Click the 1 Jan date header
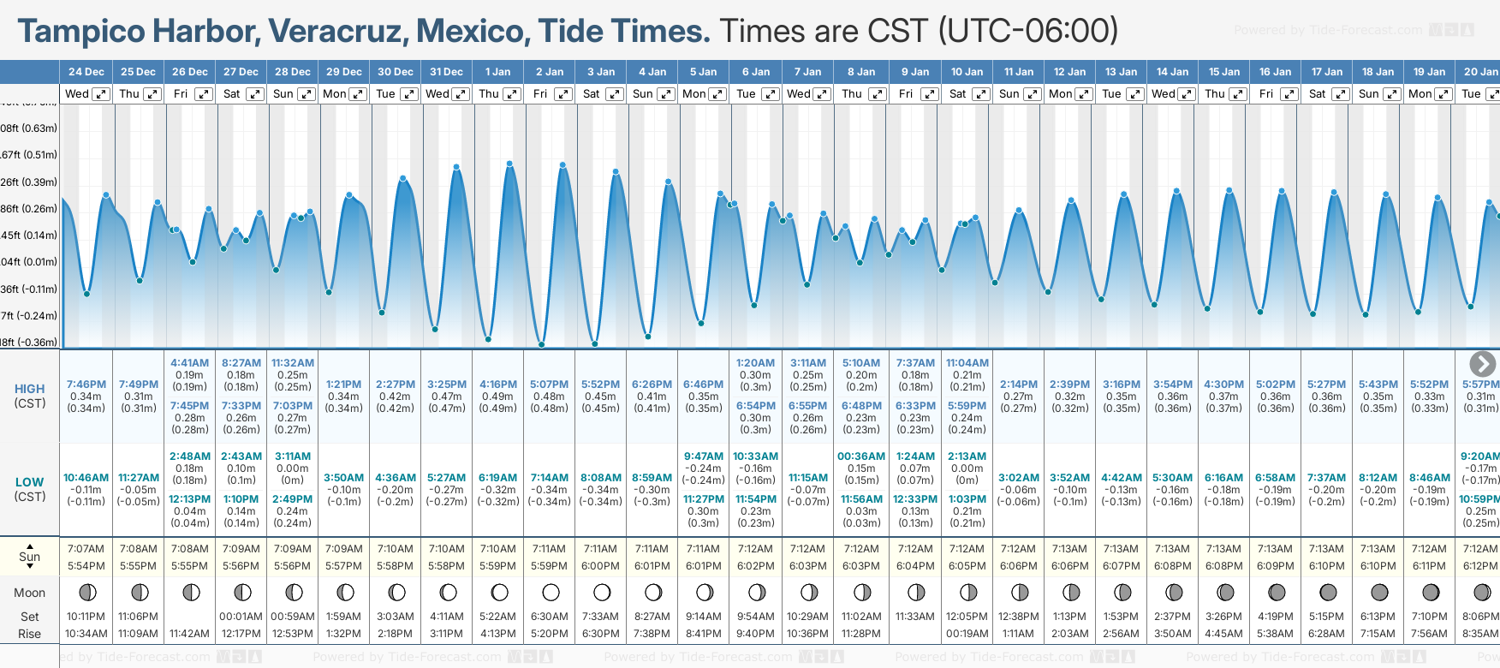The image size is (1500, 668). (x=497, y=72)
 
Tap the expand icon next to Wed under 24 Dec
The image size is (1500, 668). (x=101, y=94)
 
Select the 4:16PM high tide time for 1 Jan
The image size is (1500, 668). (x=498, y=385)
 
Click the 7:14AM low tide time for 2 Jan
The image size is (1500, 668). (x=550, y=478)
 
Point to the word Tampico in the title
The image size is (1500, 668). (x=82, y=32)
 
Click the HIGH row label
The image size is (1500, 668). (x=30, y=389)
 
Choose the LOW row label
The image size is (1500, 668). (x=30, y=482)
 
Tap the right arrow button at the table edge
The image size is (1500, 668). (x=1483, y=364)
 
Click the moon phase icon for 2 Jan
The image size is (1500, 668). (x=551, y=592)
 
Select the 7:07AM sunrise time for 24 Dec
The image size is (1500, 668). (x=86, y=549)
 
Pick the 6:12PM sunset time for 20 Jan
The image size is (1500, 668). (x=1480, y=566)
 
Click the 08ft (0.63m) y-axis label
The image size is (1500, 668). (x=29, y=128)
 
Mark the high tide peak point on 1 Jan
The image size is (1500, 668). (x=509, y=163)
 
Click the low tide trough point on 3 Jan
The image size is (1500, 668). (x=594, y=344)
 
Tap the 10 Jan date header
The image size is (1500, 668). (x=967, y=72)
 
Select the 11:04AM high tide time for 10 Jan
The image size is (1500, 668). (x=967, y=363)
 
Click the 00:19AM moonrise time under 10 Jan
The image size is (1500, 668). (x=967, y=634)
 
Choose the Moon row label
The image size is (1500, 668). (x=30, y=593)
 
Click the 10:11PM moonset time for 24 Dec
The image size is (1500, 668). (x=86, y=617)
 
